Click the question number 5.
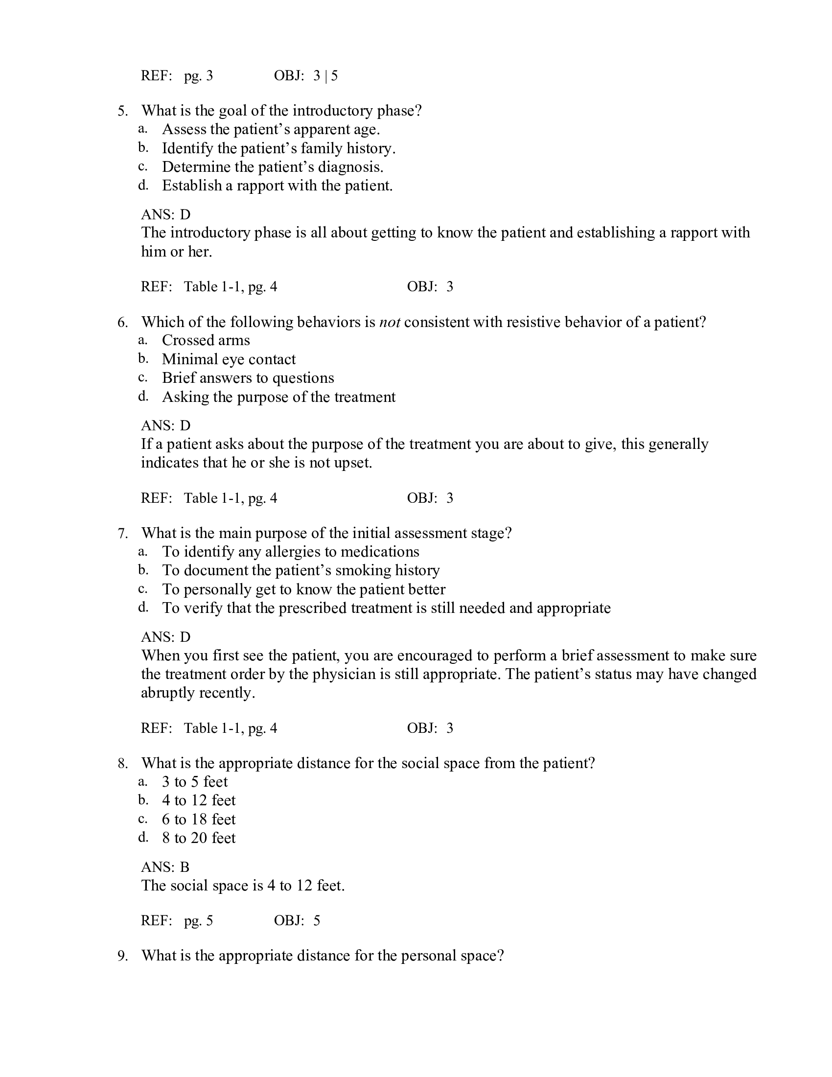[x=122, y=111]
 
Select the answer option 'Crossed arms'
[x=206, y=340]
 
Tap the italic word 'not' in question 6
[x=390, y=322]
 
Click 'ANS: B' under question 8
[x=165, y=867]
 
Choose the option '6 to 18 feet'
[x=199, y=819]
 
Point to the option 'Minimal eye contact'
[x=229, y=359]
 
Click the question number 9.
[x=122, y=956]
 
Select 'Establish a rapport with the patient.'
[x=277, y=186]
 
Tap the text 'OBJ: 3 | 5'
[x=305, y=76]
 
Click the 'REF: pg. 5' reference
[x=177, y=921]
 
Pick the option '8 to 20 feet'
[x=199, y=838]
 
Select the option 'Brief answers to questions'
[x=248, y=378]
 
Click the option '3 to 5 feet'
[x=195, y=782]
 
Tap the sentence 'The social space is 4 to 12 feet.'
[x=242, y=886]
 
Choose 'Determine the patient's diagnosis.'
[x=272, y=167]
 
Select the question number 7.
[x=122, y=533]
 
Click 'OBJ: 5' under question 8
[x=297, y=921]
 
